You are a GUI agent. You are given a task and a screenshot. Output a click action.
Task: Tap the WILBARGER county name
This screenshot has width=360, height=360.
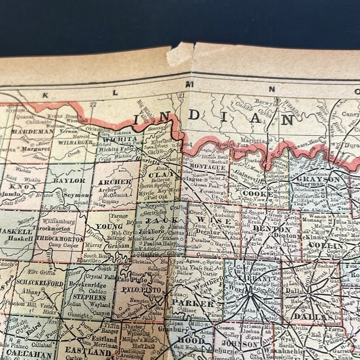click(75, 142)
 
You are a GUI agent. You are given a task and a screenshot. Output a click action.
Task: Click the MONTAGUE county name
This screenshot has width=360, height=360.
click(207, 168)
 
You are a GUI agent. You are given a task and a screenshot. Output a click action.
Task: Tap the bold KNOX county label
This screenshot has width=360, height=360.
click(20, 185)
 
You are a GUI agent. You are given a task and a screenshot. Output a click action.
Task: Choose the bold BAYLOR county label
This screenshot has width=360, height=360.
click(69, 180)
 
